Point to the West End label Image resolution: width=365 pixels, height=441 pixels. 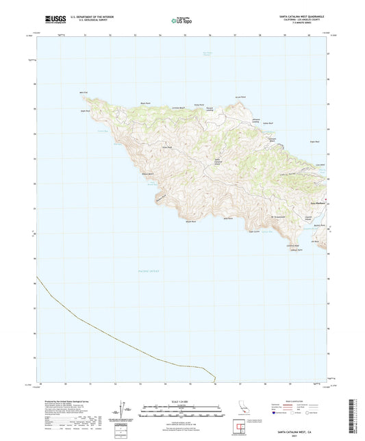[84, 92]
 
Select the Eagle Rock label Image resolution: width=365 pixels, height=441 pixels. [86, 110]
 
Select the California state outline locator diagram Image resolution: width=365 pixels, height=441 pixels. [244, 409]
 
